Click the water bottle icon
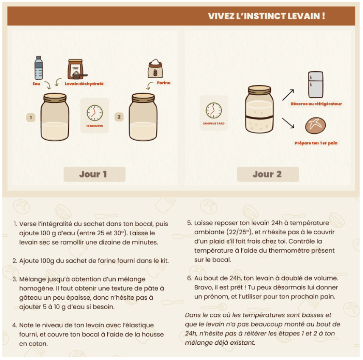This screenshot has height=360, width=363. tap(39, 67)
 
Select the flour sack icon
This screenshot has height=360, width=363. tap(155, 68)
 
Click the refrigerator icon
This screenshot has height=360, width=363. tap(316, 84)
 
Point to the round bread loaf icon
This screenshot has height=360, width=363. tap(316, 126)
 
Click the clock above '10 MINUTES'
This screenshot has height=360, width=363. tap(95, 113)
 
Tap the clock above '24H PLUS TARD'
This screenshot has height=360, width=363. tap(214, 110)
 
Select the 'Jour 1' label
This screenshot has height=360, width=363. tap(93, 174)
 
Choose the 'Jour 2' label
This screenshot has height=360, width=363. tap(267, 174)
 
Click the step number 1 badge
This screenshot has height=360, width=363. tap(31, 117)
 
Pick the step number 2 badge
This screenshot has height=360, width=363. tap(119, 117)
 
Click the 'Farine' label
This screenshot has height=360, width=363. tap(164, 83)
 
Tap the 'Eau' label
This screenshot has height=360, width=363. tap(36, 84)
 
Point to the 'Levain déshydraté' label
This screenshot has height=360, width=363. tap(84, 84)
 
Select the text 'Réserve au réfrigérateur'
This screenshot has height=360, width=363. tap(316, 104)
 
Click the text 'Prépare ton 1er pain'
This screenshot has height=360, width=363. tap(316, 143)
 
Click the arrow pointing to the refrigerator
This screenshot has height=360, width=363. tap(288, 95)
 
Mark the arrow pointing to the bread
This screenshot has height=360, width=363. tap(288, 123)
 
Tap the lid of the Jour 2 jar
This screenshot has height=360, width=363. tap(259, 90)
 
